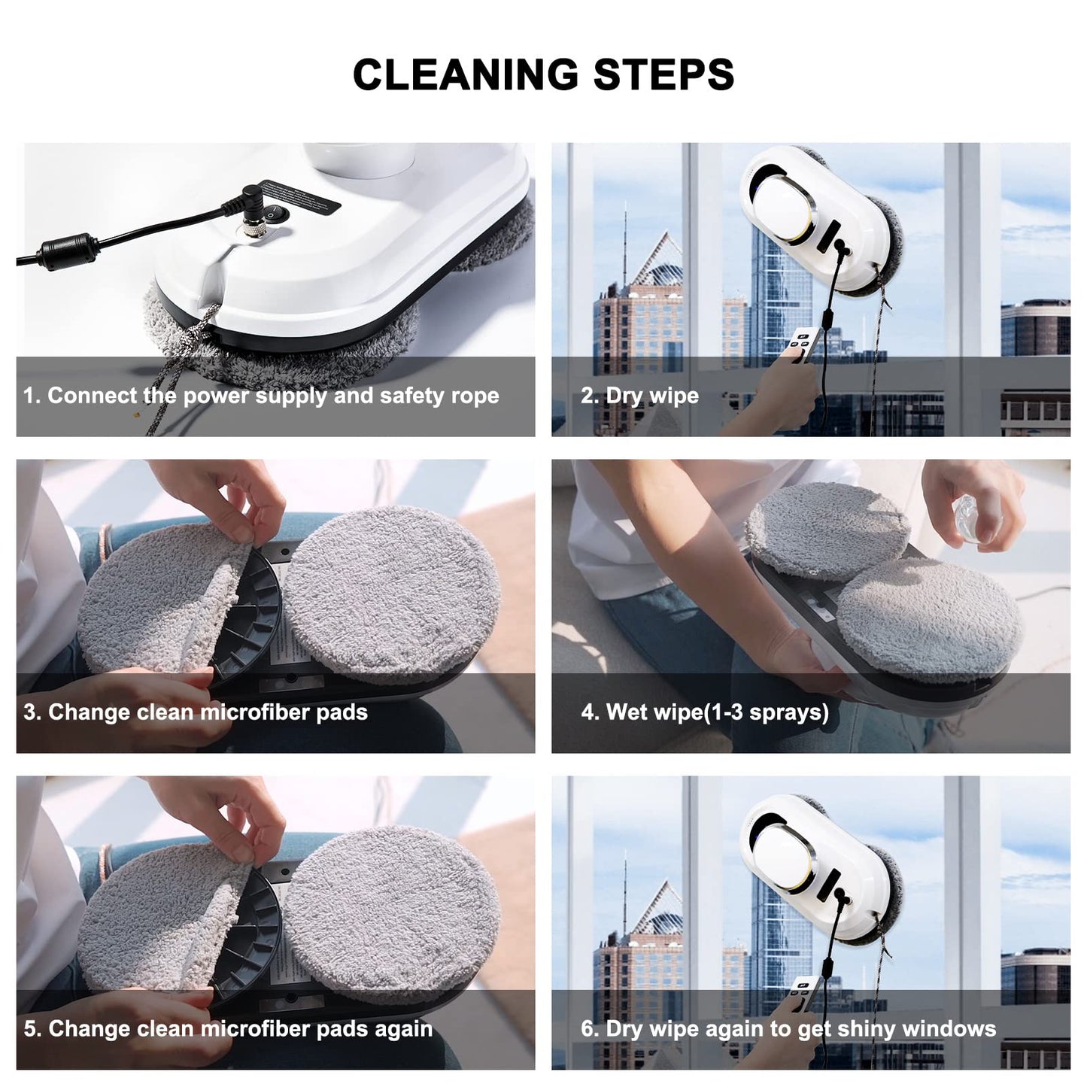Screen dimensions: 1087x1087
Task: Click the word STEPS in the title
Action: tap(663, 74)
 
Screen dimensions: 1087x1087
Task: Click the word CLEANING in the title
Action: tap(466, 74)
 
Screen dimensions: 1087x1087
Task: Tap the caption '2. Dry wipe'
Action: tap(639, 396)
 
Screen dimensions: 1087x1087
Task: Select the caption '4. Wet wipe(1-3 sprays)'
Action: tap(705, 712)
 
